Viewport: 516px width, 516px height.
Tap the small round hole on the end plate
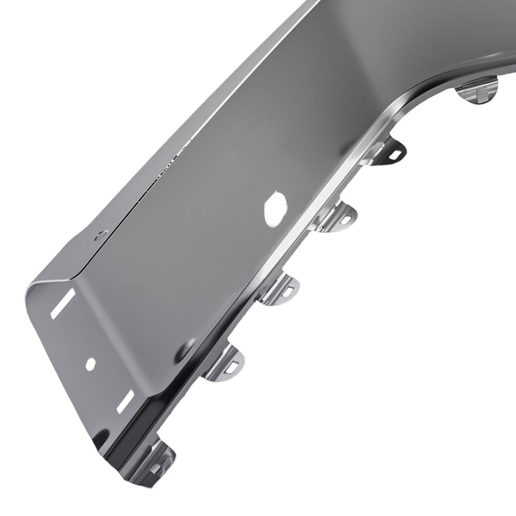(x=91, y=364)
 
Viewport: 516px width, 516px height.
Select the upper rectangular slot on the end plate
(x=63, y=303)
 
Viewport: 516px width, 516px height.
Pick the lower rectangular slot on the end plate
(x=125, y=401)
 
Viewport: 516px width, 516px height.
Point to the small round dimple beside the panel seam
(x=100, y=235)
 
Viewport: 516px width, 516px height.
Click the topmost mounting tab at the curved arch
(x=477, y=92)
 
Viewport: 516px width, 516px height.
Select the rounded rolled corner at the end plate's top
(x=39, y=286)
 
